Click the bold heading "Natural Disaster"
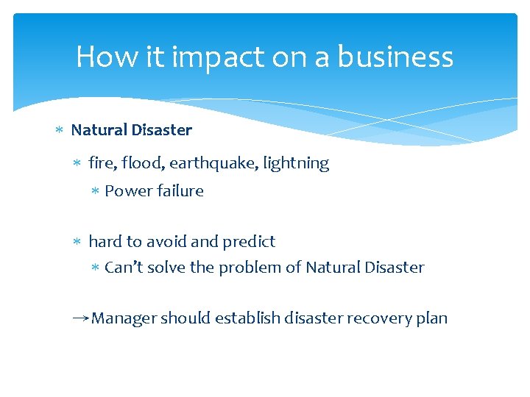tap(131, 130)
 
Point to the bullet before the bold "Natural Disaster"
tap(60, 131)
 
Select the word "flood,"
tap(144, 163)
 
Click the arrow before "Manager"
tap(80, 318)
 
